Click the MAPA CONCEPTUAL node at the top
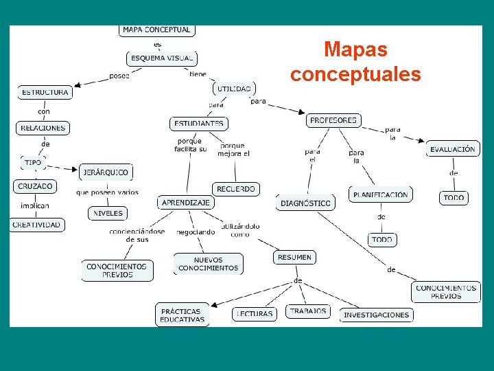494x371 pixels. click(156, 30)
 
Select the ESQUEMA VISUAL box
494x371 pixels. click(161, 58)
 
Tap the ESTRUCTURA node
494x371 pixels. click(45, 92)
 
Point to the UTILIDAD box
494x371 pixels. click(235, 89)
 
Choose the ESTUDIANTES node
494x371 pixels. click(199, 124)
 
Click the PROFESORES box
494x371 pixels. click(333, 120)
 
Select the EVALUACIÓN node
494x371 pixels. click(452, 149)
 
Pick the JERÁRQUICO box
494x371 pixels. click(106, 172)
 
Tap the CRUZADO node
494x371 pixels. click(35, 186)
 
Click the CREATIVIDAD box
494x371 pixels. click(37, 225)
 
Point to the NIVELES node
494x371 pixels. click(108, 214)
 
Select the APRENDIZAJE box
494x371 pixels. click(186, 203)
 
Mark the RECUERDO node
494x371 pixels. click(236, 189)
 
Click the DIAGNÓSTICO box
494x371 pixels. click(306, 203)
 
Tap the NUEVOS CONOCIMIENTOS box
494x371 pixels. click(208, 265)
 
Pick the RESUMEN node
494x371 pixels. click(295, 257)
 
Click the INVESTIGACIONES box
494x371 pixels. click(376, 315)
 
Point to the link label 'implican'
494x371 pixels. click(34, 205)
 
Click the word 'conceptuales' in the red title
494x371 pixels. click(355, 74)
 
